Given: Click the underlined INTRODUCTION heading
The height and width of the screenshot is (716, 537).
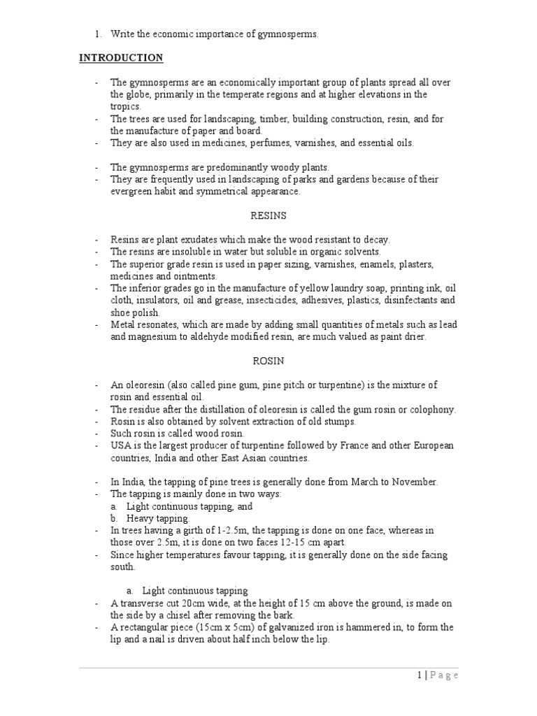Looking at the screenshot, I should click(x=121, y=57).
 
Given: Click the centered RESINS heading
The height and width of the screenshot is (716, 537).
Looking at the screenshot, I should click(x=268, y=216).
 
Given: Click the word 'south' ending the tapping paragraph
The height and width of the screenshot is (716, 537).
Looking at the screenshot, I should click(x=122, y=567).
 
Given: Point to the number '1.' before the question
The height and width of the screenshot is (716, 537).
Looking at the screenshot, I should click(x=99, y=34).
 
